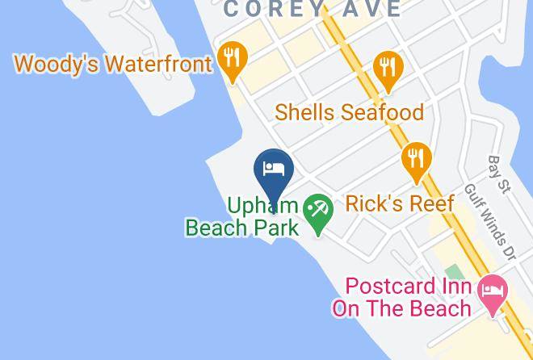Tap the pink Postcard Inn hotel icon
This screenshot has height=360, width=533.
point(492,291)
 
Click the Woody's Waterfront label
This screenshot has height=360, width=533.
point(112,63)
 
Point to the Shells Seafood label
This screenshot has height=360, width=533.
point(349,112)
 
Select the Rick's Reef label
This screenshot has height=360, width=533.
point(400,203)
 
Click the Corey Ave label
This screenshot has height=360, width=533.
point(312,10)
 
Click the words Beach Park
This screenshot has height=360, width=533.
point(242,227)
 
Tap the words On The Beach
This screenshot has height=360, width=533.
point(401,308)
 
